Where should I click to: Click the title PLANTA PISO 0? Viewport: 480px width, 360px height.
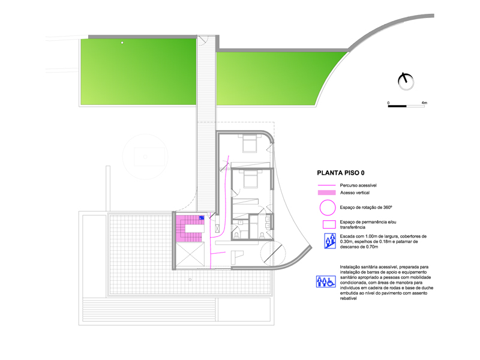[x=341, y=173]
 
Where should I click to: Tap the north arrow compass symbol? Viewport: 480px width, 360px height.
[x=406, y=82]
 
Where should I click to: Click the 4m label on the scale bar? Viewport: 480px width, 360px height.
[x=424, y=103]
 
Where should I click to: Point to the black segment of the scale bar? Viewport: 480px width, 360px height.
[x=397, y=106]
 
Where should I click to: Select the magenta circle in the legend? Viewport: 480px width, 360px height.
[x=328, y=208]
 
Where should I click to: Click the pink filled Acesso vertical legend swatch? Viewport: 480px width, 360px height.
[x=326, y=193]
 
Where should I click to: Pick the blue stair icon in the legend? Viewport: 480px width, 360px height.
[x=330, y=241]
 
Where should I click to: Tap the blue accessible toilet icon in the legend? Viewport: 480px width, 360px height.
[x=326, y=281]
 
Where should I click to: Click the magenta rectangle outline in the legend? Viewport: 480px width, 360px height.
[x=329, y=224]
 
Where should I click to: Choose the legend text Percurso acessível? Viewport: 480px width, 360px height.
[x=358, y=185]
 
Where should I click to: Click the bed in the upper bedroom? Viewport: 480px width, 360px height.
[x=250, y=143]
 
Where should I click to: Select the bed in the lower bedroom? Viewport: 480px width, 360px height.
[x=251, y=179]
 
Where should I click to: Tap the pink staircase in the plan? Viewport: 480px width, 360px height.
[x=190, y=229]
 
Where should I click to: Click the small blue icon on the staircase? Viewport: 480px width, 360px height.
[x=202, y=218]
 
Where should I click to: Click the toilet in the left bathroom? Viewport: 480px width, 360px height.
[x=236, y=235]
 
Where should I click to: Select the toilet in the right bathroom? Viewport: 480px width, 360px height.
[x=262, y=235]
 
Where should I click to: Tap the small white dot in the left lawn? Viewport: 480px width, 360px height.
[x=122, y=43]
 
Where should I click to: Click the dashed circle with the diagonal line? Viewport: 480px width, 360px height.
[x=274, y=253]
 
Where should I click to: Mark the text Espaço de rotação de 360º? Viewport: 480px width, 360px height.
[x=366, y=207]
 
